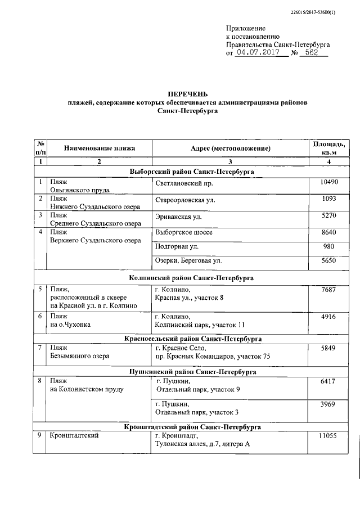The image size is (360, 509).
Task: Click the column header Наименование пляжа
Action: click(x=100, y=148)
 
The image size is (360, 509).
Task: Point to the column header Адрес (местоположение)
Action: click(x=231, y=148)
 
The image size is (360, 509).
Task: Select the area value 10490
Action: click(x=327, y=183)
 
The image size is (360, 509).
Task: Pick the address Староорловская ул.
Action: click(x=185, y=200)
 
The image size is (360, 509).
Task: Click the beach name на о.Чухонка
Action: click(x=70, y=325)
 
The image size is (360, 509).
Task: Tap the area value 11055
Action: click(x=327, y=436)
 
